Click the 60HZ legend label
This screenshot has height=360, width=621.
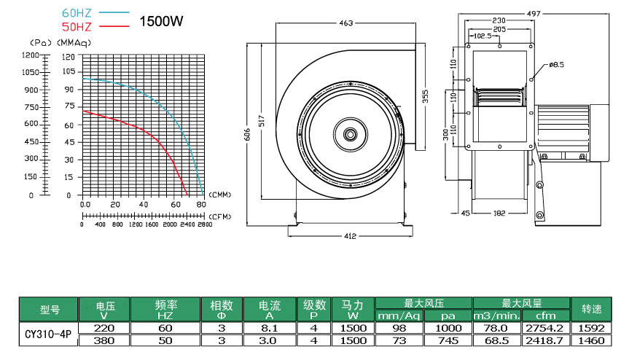point(77,13)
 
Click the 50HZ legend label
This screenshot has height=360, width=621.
point(77,27)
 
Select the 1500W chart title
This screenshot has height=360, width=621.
point(161,21)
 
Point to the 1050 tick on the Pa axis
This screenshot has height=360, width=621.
point(31,72)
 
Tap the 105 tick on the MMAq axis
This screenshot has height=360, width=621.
point(69,71)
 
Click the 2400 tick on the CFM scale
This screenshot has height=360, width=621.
point(187,224)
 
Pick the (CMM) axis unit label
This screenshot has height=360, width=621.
point(219,195)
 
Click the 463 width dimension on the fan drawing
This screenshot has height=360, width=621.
point(345,23)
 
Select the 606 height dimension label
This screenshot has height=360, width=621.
point(248,135)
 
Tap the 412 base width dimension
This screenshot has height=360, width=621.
point(350,236)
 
